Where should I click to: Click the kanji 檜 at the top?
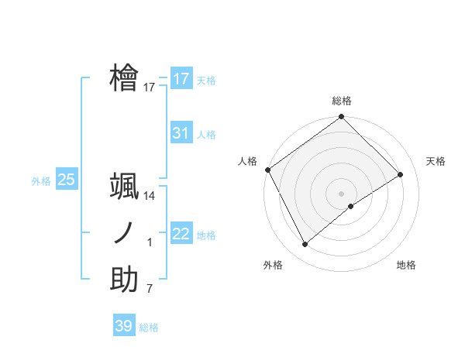[124, 78]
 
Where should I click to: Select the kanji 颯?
[124, 187]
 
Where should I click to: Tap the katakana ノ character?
[124, 233]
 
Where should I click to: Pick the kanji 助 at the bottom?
[124, 280]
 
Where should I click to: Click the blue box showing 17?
[181, 79]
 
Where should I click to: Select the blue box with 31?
[181, 133]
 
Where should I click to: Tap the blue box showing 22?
[181, 234]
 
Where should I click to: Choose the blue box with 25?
[66, 180]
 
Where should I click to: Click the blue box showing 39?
[123, 326]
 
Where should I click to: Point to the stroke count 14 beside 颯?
[150, 197]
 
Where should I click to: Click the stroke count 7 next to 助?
[150, 290]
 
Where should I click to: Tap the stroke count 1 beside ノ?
[150, 243]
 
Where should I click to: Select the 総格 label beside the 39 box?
[149, 328]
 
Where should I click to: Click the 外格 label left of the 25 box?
[41, 181]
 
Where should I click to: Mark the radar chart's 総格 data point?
[341, 118]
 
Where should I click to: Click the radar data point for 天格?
[401, 174]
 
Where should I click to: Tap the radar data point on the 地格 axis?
[351, 206]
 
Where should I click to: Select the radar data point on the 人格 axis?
[267, 170]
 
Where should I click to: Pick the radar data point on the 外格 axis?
[305, 245]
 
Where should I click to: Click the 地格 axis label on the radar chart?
[406, 266]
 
